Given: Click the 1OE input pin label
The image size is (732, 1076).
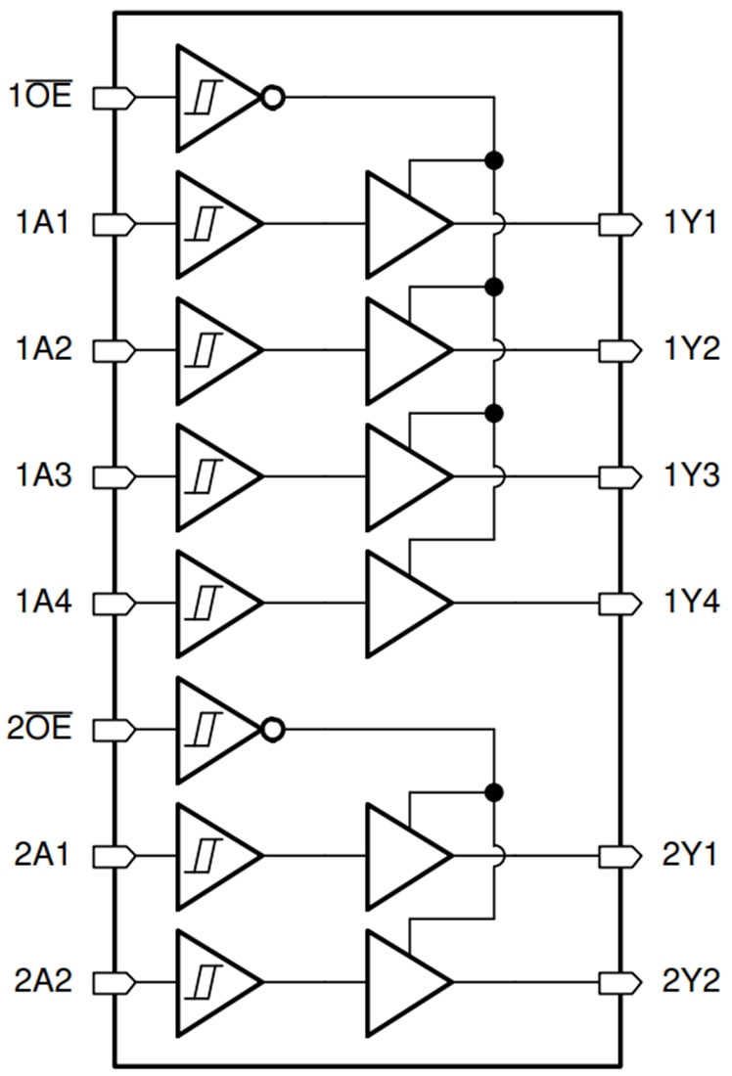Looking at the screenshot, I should pos(42,98).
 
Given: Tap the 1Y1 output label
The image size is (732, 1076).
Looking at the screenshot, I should pos(690,224).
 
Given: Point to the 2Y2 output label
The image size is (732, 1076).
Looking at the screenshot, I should pos(690,981).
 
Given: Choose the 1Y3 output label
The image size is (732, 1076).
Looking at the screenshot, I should pos(690,476).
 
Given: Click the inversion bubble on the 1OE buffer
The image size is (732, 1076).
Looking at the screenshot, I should pos(273,98).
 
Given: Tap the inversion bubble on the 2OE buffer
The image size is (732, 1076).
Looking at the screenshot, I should pos(273,730).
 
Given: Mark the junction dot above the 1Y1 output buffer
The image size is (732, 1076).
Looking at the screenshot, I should pos(494,160).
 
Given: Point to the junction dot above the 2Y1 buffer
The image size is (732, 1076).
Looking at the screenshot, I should pos(494,791).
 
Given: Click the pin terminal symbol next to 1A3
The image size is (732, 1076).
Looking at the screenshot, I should pos(114,476).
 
